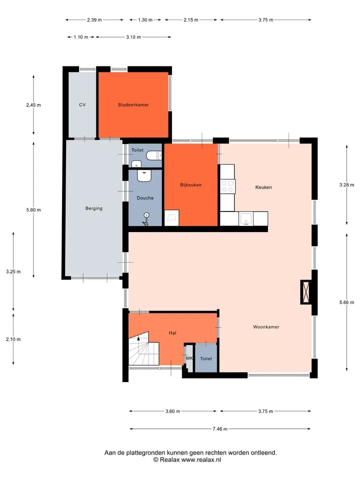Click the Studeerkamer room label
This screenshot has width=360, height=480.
point(133,104)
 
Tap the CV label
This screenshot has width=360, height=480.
point(82,104)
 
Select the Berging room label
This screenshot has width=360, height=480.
point(94,208)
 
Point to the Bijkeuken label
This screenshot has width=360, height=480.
point(190,185)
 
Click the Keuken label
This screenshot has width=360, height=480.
point(263,187)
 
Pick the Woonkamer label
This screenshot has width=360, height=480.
point(266,327)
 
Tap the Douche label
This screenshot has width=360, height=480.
point(145,198)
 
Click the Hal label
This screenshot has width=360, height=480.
point(172,333)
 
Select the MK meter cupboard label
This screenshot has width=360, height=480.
point(189,358)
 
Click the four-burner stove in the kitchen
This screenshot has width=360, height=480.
point(227,186)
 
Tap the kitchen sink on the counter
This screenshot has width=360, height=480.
point(246,218)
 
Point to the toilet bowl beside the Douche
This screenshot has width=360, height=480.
point(153,156)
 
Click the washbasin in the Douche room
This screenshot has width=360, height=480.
point(143,175)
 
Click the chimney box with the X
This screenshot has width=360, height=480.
point(305,292)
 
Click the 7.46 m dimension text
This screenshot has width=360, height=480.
point(220,429)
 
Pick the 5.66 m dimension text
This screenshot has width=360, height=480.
point(346,302)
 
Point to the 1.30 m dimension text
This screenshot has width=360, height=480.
point(145,20)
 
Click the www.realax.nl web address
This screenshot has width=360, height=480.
point(201,460)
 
